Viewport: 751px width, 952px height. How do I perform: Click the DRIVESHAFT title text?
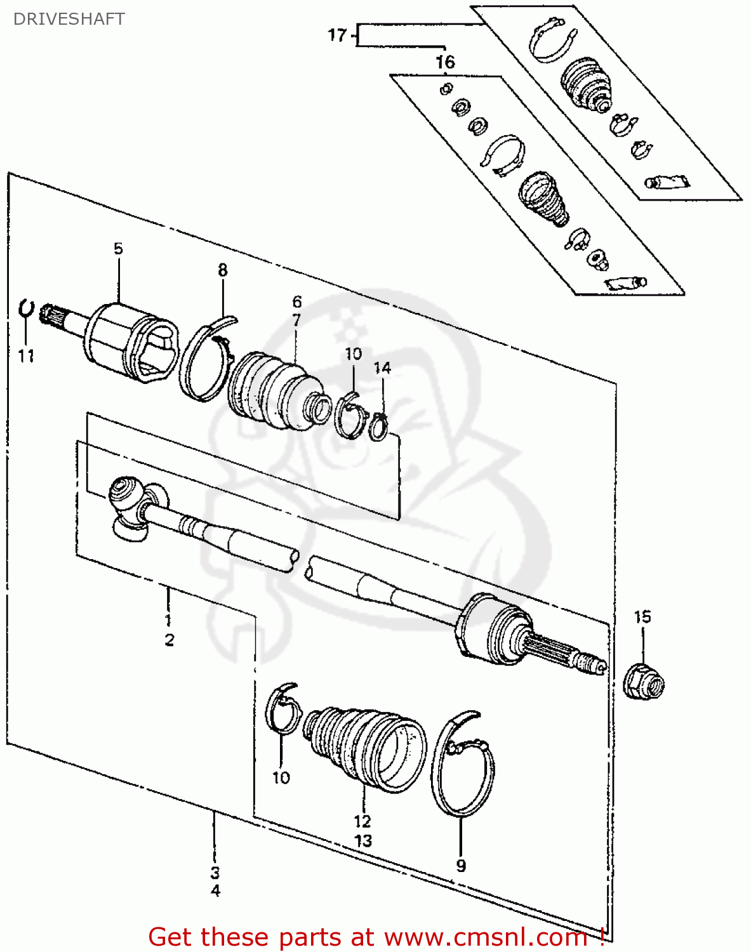click(69, 19)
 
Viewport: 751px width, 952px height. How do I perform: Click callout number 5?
click(119, 249)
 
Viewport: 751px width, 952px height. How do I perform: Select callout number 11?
click(25, 356)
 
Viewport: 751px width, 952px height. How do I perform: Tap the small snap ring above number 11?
click(25, 308)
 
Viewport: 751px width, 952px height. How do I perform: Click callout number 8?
click(222, 270)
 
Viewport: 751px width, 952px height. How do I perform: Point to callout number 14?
click(382, 368)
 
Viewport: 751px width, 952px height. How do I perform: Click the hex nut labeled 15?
click(644, 682)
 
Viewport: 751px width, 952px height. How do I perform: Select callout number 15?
click(642, 616)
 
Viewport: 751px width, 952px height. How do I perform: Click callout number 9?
click(461, 866)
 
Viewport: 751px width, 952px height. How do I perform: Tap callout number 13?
click(363, 841)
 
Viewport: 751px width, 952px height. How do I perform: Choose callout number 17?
click(337, 35)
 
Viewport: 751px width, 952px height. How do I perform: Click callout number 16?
click(445, 62)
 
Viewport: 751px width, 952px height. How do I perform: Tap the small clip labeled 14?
click(379, 426)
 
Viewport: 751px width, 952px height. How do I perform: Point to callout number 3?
click(215, 872)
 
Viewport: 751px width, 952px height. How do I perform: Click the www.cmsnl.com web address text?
click(486, 937)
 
